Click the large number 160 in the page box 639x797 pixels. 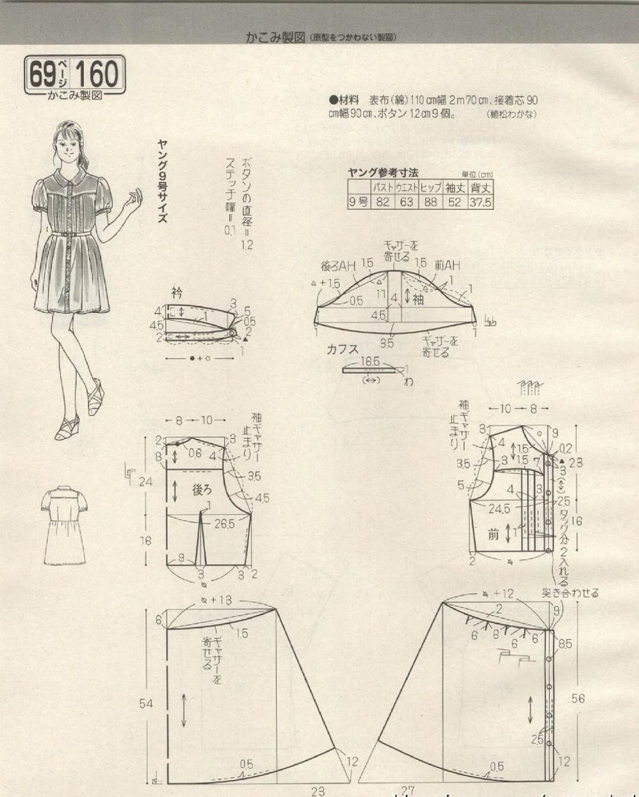98,74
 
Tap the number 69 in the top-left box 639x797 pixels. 42,74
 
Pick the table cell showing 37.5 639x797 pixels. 480,202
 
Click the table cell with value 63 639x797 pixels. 406,202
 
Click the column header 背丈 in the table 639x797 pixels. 480,188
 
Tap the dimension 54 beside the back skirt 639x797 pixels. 146,703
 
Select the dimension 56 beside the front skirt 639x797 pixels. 578,698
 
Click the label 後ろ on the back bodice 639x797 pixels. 202,490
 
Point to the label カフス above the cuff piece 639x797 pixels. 342,349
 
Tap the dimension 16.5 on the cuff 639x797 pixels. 370,361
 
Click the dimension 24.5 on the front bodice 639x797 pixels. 499,510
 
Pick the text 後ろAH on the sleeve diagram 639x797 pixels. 338,266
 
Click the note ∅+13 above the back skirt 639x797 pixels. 216,601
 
